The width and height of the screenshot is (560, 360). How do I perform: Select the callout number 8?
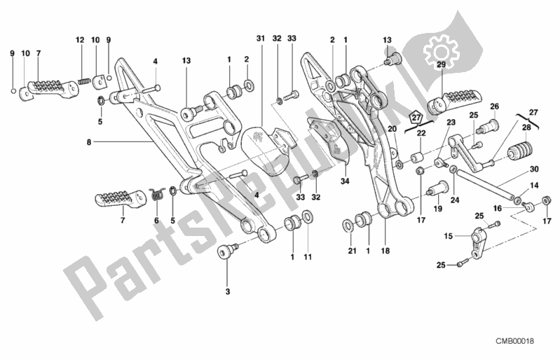[x=88, y=142]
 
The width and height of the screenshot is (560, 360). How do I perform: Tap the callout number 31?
[x=259, y=37]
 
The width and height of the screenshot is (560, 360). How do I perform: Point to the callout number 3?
[x=227, y=289]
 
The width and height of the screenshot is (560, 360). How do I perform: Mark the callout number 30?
[x=533, y=169]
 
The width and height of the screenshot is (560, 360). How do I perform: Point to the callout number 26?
[x=493, y=106]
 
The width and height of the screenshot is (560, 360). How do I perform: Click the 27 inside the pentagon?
[x=416, y=117]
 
